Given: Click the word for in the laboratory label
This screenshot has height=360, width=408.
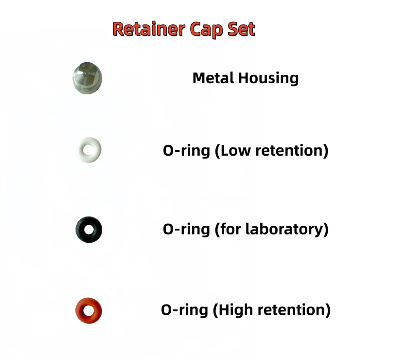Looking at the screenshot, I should [x=231, y=229].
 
